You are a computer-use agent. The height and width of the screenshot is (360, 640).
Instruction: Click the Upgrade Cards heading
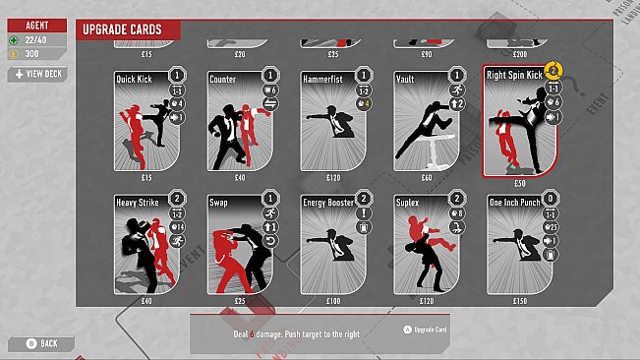pos(121,30)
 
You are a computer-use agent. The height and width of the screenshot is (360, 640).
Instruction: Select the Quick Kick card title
pos(134,78)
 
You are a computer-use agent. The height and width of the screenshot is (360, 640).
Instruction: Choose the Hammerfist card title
pos(323,78)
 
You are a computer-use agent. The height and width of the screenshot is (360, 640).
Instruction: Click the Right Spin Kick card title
pos(513,73)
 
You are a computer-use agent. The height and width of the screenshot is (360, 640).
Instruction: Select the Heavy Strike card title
pos(137,203)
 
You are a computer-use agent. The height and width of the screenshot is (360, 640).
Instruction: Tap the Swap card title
pos(218,203)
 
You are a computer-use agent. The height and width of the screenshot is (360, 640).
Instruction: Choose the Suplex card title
pos(408,203)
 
